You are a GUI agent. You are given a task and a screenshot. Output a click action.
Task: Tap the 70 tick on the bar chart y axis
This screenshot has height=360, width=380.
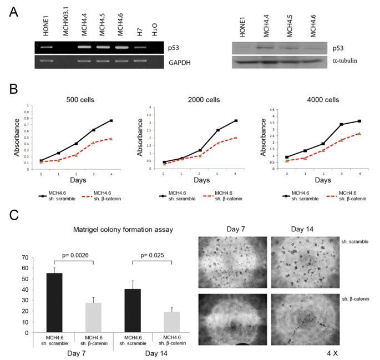click(x=24, y=257)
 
